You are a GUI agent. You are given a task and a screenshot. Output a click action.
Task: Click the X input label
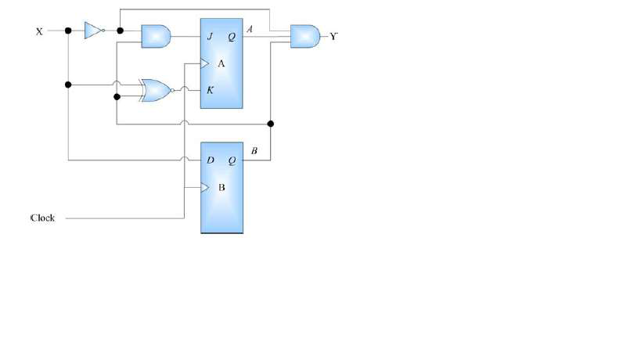click(x=39, y=31)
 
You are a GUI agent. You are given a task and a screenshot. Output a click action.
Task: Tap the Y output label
click(x=333, y=36)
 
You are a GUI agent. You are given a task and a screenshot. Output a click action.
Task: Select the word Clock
click(x=42, y=218)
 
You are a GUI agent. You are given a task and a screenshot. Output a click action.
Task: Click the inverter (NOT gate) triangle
click(x=92, y=31)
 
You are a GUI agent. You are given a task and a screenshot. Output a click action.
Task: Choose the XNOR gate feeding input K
click(x=156, y=91)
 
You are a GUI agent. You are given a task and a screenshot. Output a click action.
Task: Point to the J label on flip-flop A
click(x=210, y=36)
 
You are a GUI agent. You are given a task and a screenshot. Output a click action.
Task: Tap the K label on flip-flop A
click(x=210, y=90)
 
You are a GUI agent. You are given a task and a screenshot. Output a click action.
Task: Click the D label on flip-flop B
click(x=211, y=160)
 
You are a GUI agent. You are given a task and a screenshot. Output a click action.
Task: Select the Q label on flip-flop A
click(x=232, y=36)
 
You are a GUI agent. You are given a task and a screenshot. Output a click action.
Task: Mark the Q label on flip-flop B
click(x=232, y=160)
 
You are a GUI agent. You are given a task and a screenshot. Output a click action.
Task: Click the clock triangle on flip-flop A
click(x=205, y=63)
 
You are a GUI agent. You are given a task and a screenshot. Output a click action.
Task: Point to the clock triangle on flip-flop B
click(x=205, y=188)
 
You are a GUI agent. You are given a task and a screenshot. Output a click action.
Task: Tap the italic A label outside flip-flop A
click(x=250, y=29)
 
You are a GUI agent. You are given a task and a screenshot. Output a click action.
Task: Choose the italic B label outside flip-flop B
click(x=254, y=150)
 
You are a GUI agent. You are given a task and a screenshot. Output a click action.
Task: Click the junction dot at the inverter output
click(x=120, y=31)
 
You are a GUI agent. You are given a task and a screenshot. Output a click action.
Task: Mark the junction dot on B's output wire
click(x=271, y=124)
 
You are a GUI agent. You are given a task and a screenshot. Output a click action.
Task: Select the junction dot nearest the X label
click(x=68, y=31)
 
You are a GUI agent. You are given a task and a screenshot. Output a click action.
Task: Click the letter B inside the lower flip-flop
click(x=221, y=188)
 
